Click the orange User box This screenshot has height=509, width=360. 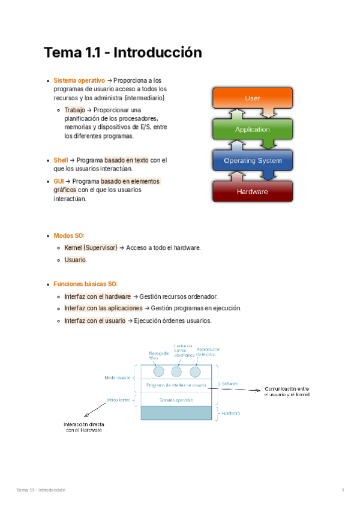coord(253,97)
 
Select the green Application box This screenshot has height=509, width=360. coord(253,129)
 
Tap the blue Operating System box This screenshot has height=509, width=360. coord(253,161)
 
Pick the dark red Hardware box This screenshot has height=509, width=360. coord(253,191)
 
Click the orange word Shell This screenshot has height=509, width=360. coord(61,160)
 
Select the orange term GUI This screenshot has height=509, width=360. coord(59,181)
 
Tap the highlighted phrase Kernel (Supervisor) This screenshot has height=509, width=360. coord(91,247)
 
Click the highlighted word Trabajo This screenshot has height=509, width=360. coord(74,110)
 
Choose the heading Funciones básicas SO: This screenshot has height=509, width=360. coord(86,283)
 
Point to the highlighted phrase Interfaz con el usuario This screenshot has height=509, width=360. coord(95,321)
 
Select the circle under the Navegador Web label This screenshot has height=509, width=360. coord(158,370)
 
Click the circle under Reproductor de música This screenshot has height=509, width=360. coord(195,370)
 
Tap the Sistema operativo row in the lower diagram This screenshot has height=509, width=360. coord(176,399)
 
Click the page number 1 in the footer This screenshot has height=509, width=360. coord(342,490)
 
